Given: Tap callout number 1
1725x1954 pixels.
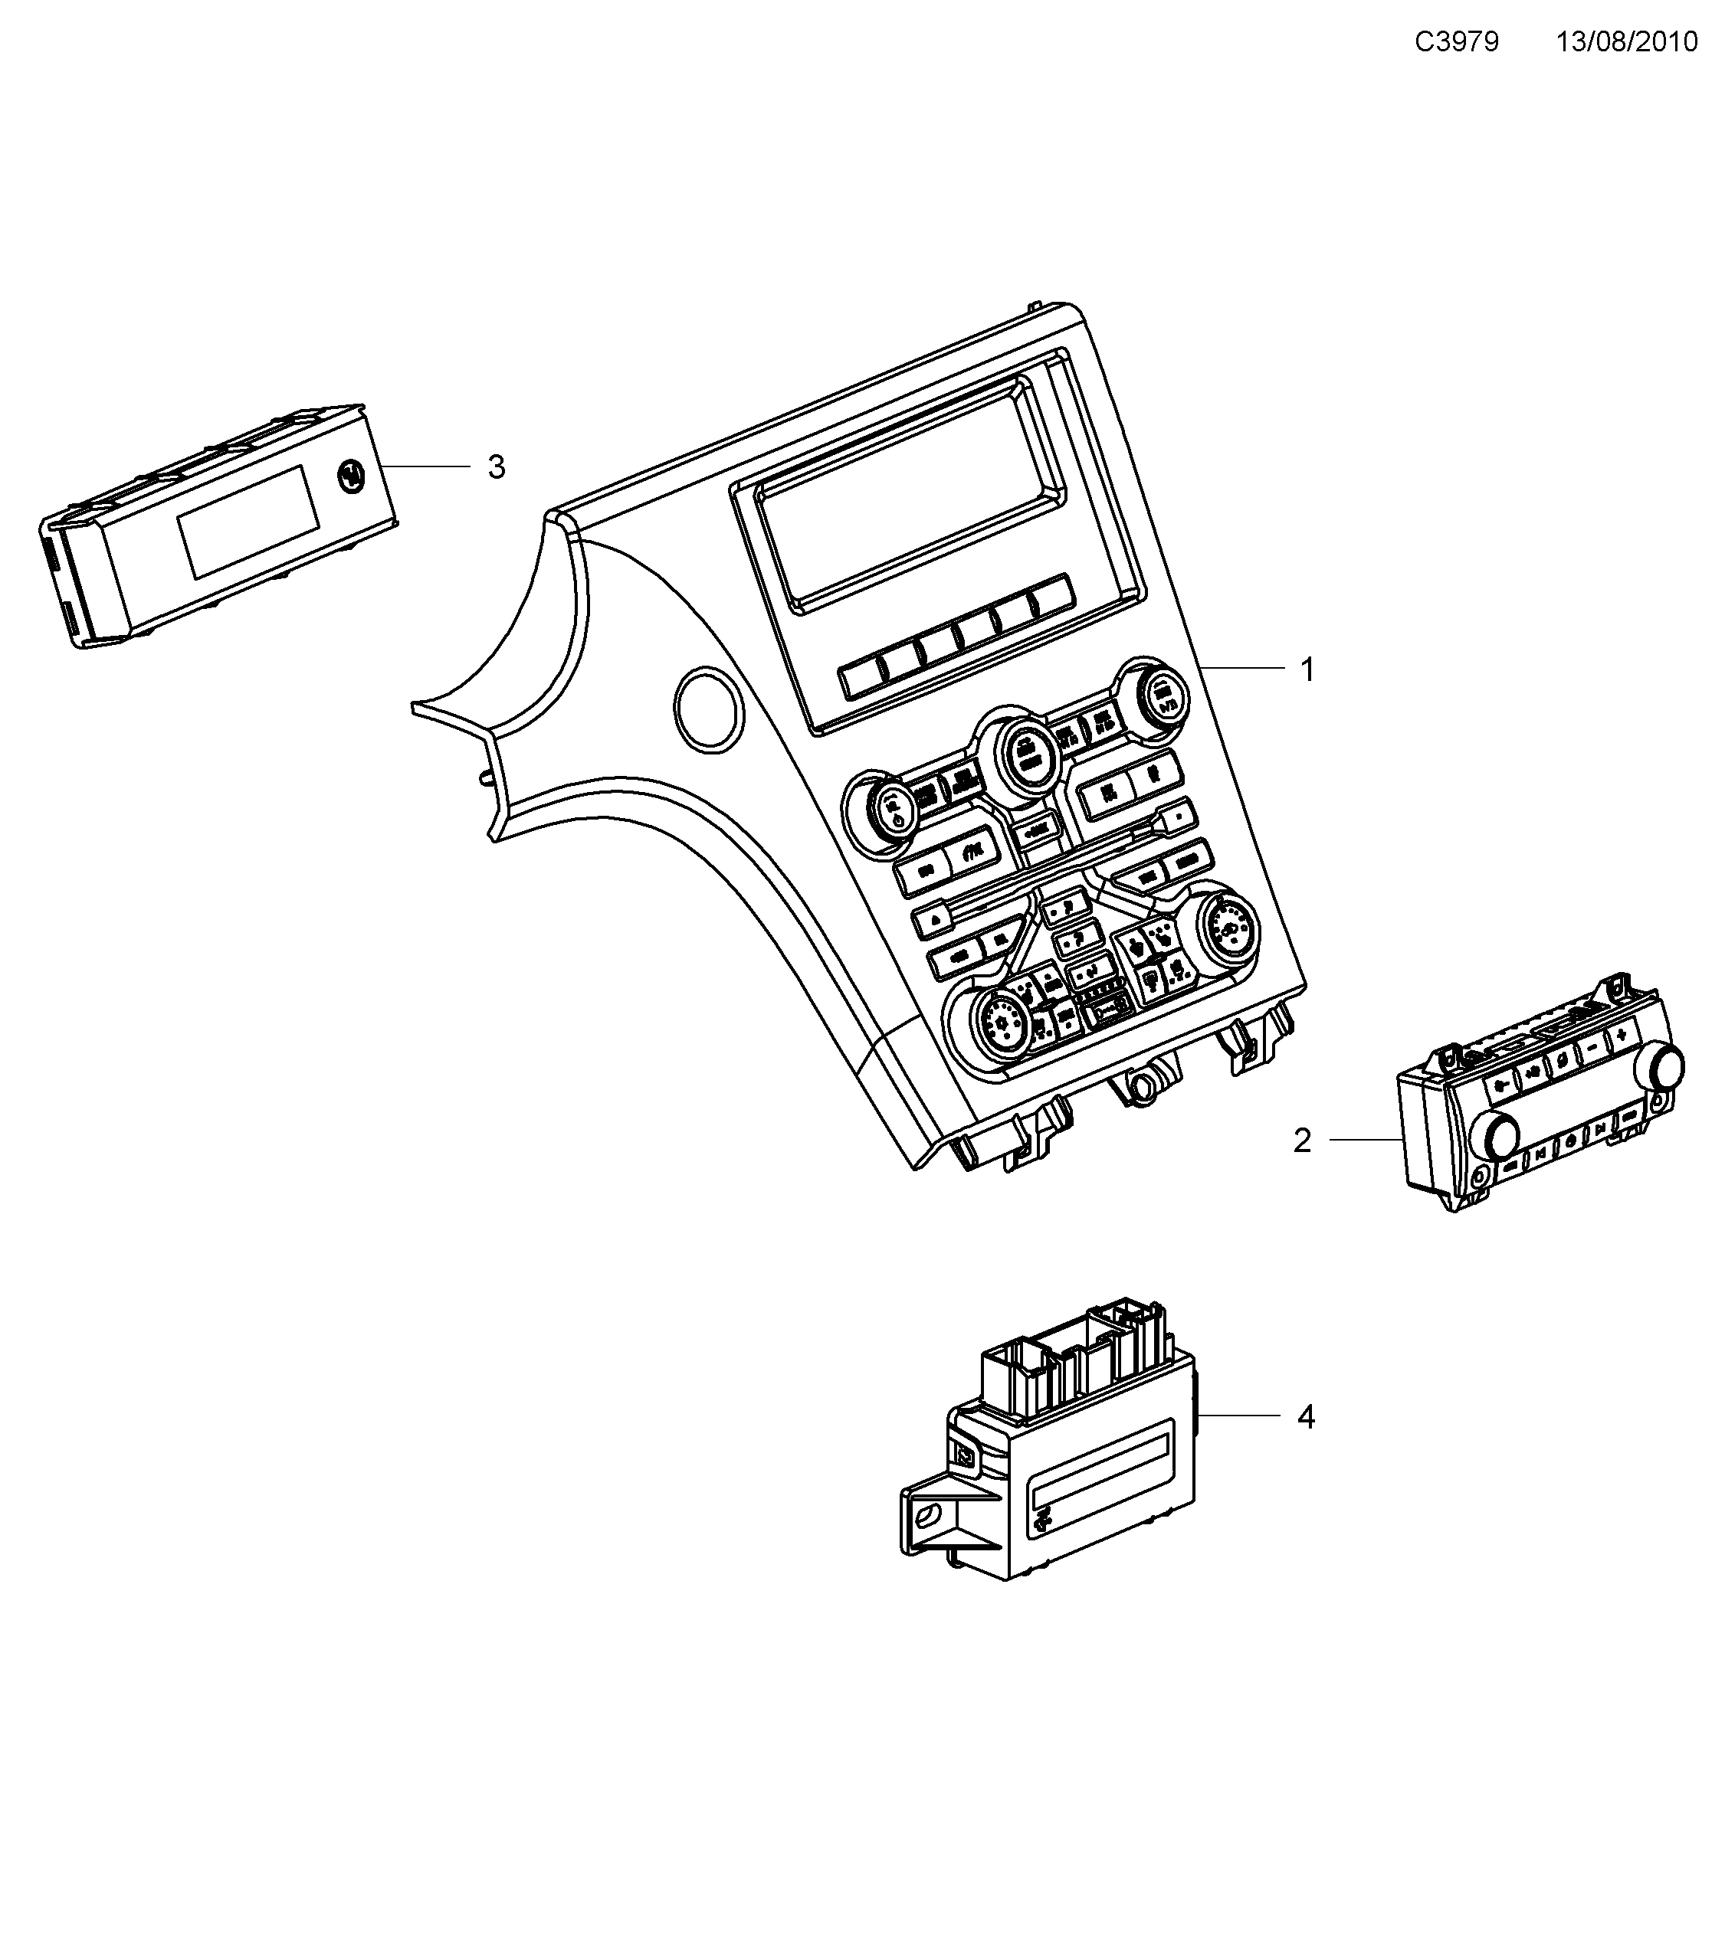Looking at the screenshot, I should point(1307,670).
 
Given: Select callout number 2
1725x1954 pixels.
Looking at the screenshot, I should point(1301,1141).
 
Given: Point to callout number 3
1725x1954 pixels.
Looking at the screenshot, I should point(495,467).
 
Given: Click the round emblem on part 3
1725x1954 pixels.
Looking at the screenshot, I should point(352,475).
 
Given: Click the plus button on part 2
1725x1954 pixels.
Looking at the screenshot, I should point(1621,1036).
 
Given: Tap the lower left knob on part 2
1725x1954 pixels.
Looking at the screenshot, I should point(1497,1133).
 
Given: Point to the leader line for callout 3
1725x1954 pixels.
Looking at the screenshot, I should point(425,466).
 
